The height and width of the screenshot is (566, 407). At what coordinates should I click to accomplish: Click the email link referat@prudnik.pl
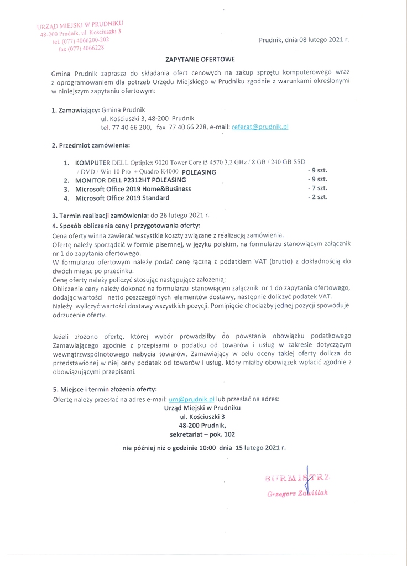click(260, 127)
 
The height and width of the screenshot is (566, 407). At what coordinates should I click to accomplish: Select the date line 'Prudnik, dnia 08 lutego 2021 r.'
click(304, 40)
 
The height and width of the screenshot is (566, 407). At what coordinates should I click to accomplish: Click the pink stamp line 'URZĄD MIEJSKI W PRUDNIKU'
click(80, 25)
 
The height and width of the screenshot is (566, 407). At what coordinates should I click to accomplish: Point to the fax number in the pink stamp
click(81, 48)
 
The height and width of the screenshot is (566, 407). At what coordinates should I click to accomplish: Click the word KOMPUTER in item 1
click(93, 163)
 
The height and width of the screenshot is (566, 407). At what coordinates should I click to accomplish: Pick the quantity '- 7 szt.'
click(317, 188)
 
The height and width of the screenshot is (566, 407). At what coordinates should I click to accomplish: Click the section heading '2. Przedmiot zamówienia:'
click(91, 146)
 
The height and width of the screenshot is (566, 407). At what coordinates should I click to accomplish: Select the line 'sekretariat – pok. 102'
click(202, 434)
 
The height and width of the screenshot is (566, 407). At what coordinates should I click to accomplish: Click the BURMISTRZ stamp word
click(298, 477)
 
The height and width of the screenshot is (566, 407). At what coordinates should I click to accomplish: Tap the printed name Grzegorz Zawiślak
click(298, 492)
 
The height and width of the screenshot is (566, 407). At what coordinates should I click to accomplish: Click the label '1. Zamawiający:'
click(75, 110)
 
